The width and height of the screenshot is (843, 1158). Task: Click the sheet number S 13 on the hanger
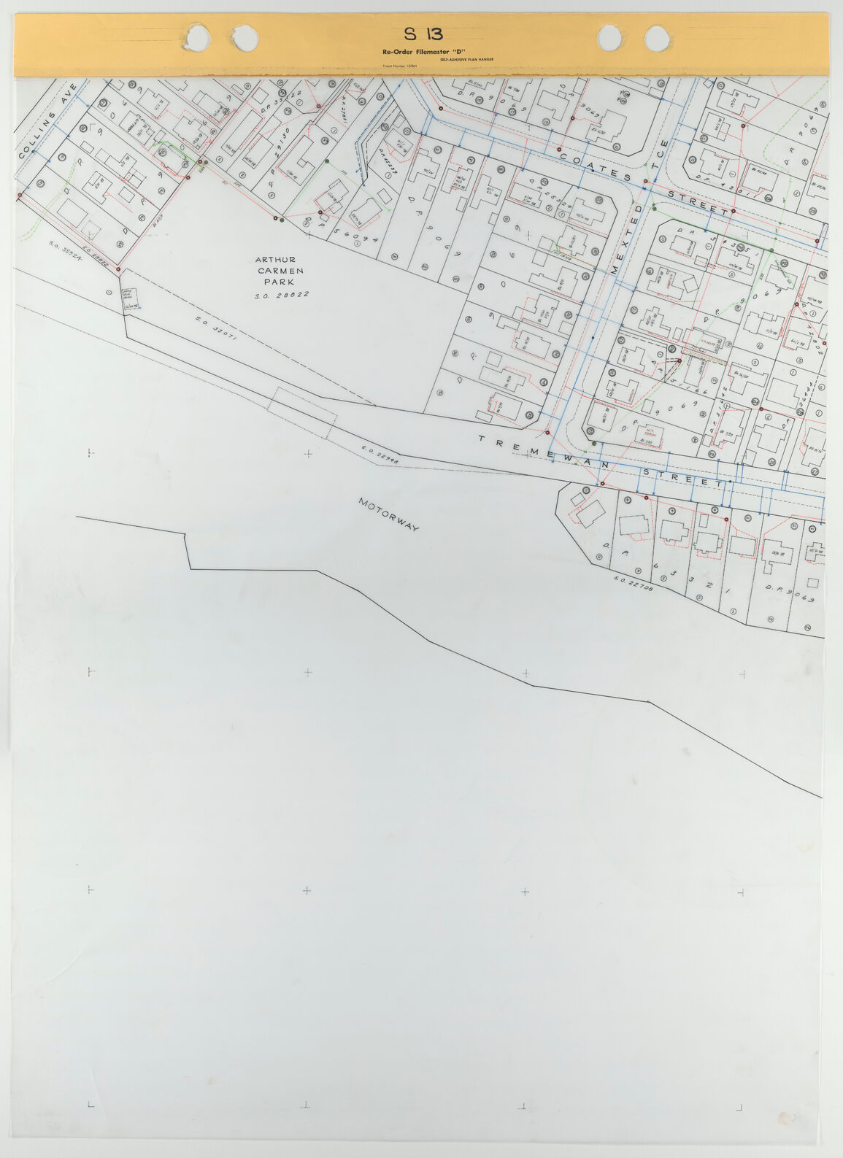coord(423,34)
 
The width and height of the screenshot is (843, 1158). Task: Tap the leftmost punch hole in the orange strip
coord(196,37)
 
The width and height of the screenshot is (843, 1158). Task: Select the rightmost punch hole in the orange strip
coord(657,39)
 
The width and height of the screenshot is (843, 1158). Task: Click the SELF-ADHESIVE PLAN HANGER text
coord(466,58)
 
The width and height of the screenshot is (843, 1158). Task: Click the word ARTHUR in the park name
coord(275,260)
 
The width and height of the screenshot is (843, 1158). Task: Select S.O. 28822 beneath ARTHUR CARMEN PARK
coord(282,295)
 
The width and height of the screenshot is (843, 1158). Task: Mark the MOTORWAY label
coord(388,514)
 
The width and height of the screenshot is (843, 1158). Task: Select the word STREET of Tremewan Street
coord(682,478)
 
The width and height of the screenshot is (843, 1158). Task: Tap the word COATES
coord(595,166)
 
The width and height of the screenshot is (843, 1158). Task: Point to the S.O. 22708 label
coord(634,584)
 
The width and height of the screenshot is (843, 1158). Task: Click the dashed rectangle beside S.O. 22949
coord(304,413)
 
